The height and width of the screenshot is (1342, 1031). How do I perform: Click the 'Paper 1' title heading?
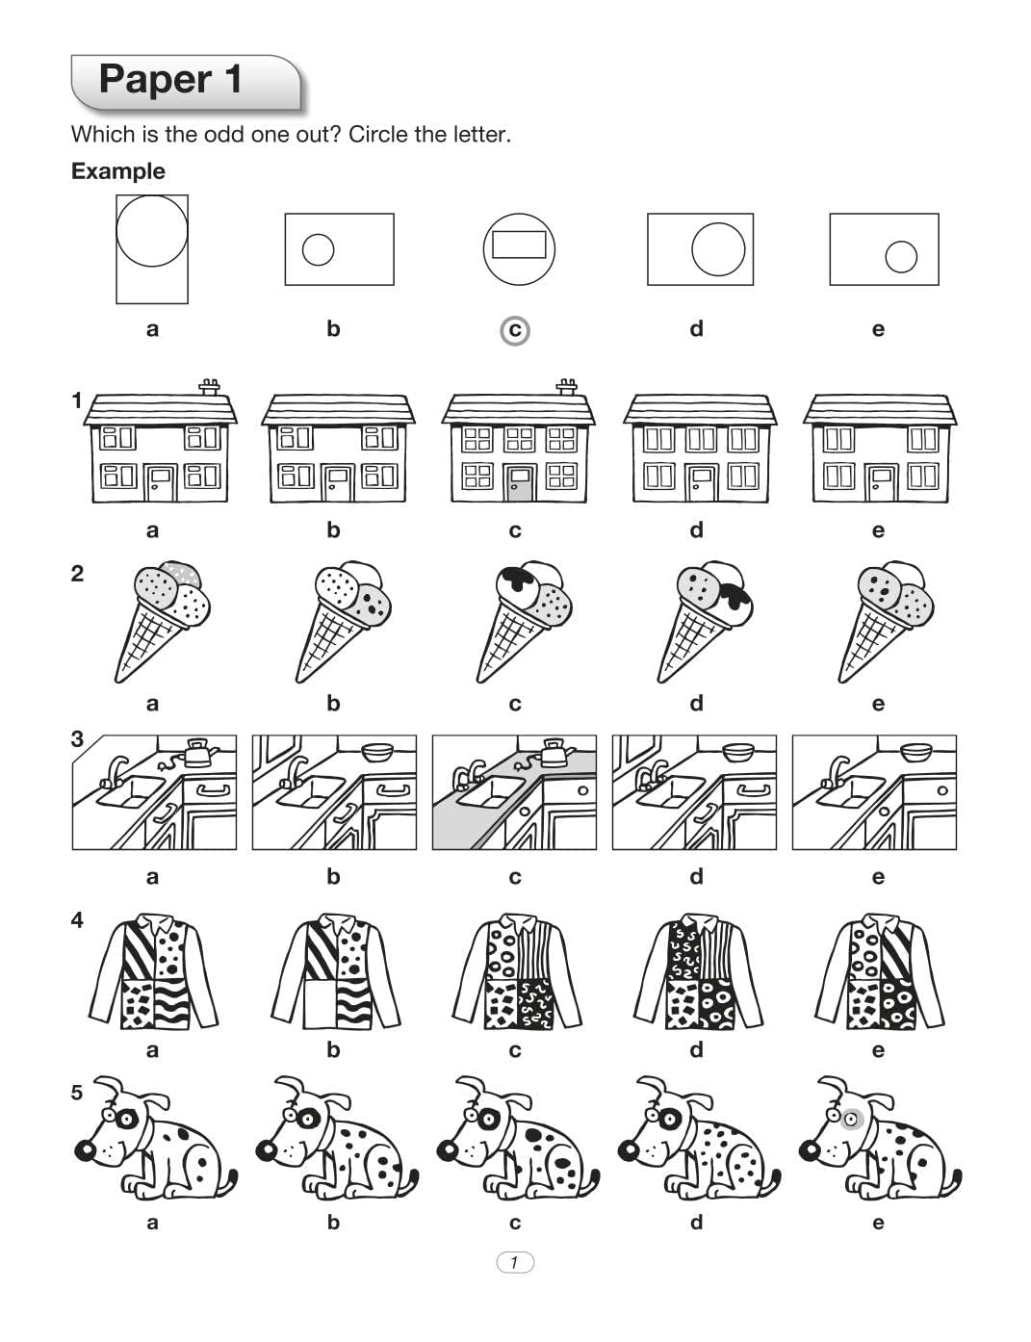coord(170,79)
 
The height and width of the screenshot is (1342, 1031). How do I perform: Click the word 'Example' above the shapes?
coord(118,171)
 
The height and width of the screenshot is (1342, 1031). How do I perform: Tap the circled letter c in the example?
coord(515,330)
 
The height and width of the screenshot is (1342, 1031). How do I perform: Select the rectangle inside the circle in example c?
coord(519,245)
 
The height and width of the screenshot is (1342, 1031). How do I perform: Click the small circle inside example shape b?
coord(318,249)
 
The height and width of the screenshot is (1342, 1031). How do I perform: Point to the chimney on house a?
coord(209,387)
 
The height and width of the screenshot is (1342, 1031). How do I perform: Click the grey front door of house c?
coord(520,482)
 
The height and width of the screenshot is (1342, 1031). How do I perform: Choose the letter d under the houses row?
coord(696,530)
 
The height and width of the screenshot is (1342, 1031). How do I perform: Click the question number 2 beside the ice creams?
coord(78,574)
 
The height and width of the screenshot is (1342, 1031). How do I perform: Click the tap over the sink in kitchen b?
coord(296,769)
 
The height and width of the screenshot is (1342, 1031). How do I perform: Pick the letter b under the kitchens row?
coord(333,877)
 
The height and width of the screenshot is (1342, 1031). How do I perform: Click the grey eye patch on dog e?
coord(851,1120)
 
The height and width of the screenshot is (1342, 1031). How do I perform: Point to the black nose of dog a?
coord(86,1149)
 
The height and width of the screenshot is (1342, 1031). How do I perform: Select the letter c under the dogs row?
coord(515,1223)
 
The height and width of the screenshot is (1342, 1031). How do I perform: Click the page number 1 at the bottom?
coord(515,1262)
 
